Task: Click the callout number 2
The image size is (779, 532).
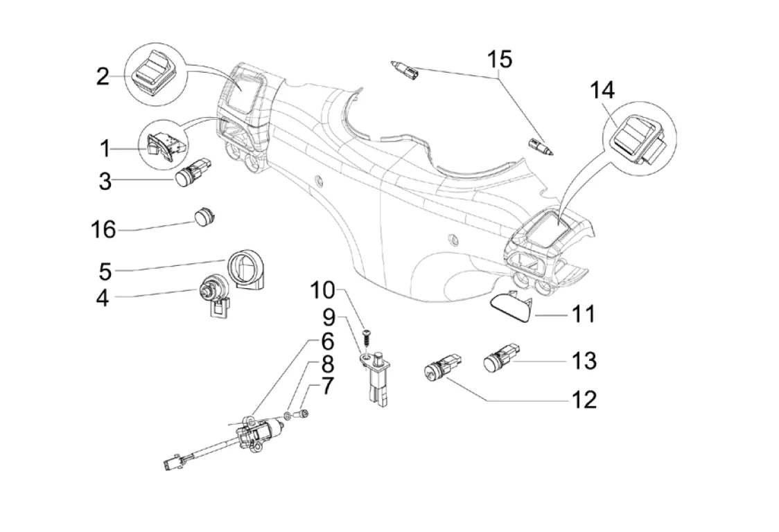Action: (103, 76)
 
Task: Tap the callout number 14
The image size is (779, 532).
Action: (602, 90)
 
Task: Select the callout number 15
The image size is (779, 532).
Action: (498, 60)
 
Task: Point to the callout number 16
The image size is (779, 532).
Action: (105, 229)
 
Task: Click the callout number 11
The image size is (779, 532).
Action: (582, 314)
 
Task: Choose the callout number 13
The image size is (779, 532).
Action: (584, 360)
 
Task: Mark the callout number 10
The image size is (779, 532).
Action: (322, 290)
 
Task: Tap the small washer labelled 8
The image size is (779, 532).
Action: (287, 416)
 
